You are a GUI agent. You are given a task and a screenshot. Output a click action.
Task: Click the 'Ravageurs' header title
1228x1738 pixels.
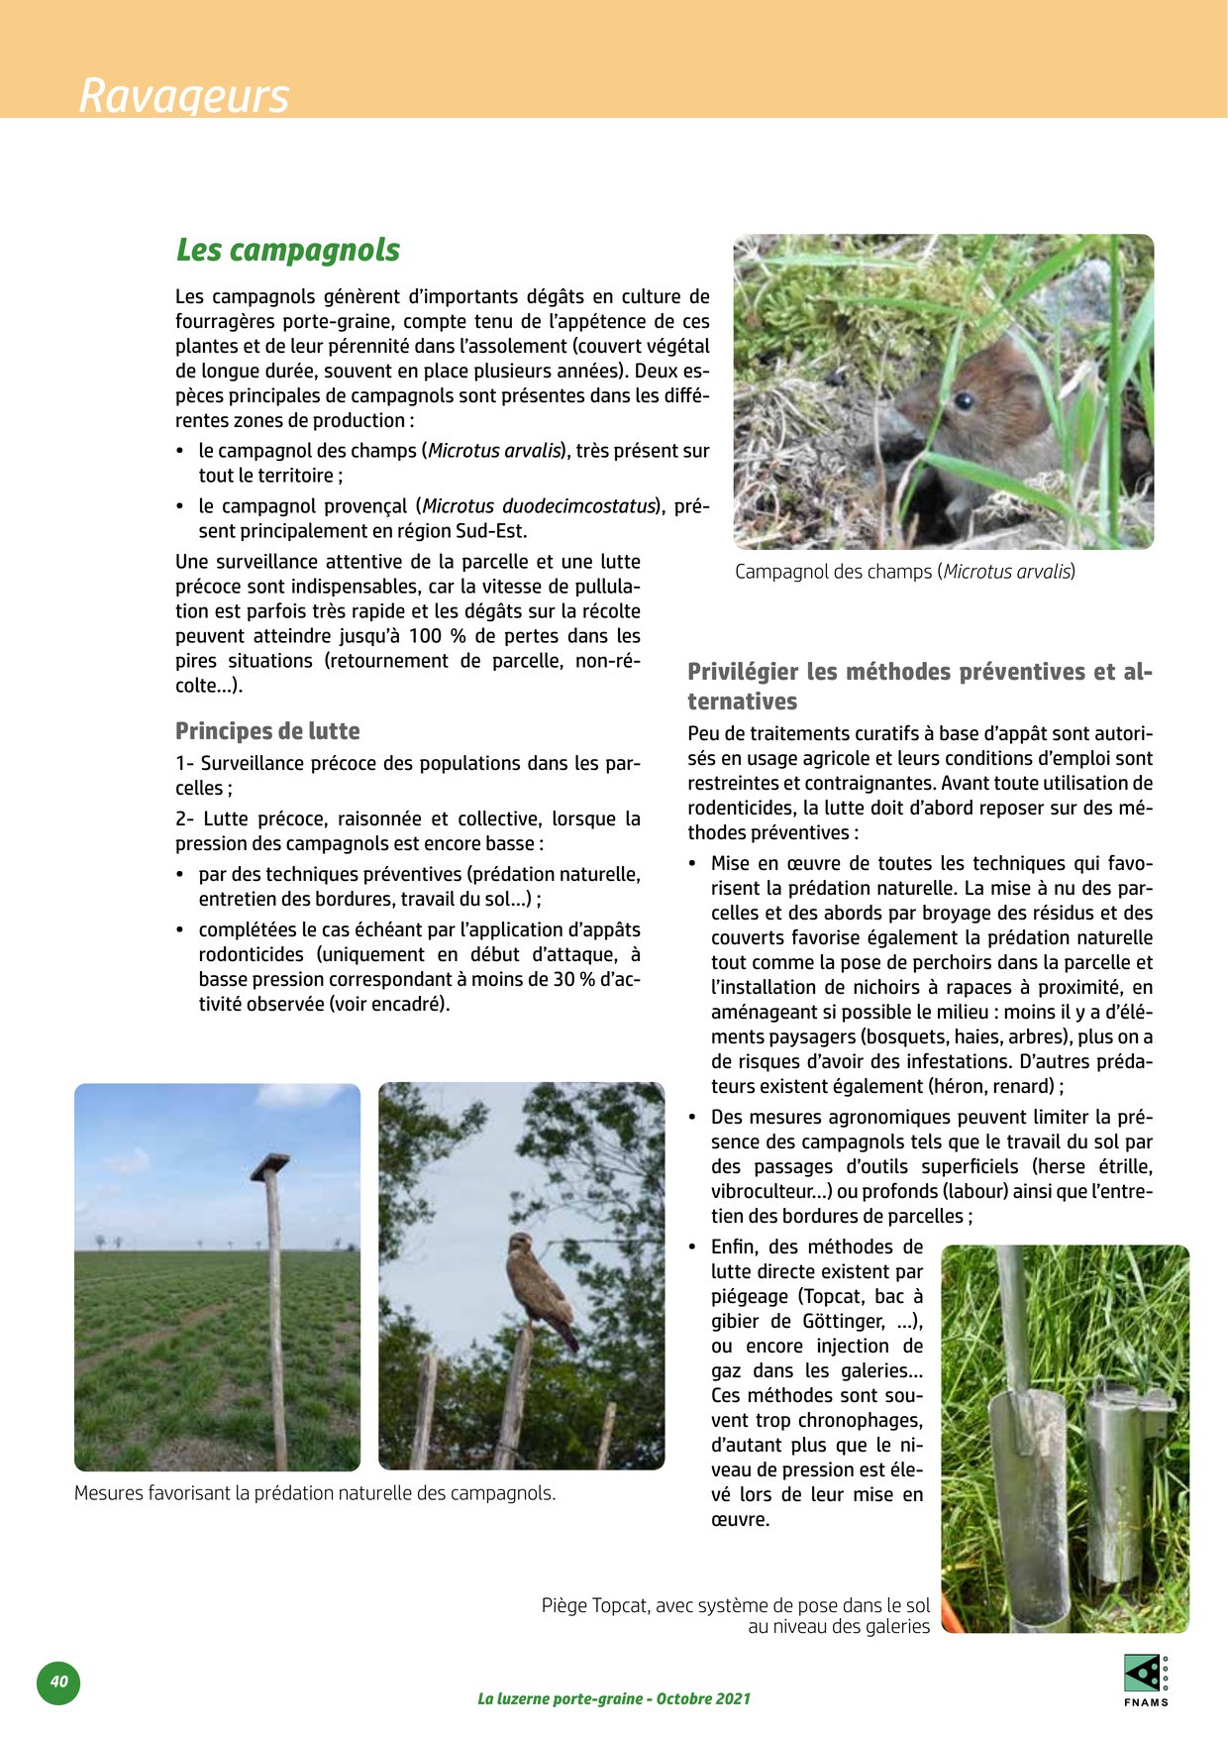184,96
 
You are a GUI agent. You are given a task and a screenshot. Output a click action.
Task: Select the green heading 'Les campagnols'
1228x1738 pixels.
288,250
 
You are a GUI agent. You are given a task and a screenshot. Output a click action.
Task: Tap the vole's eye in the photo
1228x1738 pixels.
964,401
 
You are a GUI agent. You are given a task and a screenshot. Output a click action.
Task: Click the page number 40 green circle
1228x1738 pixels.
58,1682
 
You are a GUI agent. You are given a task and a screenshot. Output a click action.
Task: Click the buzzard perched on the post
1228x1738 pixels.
540,1288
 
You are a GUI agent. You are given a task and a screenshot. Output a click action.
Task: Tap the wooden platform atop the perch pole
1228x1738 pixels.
269,1167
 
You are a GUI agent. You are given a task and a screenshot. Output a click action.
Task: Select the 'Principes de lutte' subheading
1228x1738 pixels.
267,731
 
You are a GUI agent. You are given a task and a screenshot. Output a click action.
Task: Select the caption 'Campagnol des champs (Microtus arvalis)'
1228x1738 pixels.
904,572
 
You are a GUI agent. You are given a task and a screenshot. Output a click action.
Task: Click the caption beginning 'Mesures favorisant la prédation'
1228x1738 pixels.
315,1492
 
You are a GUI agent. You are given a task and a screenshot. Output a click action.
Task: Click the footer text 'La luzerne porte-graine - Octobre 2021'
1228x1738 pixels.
614,1698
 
